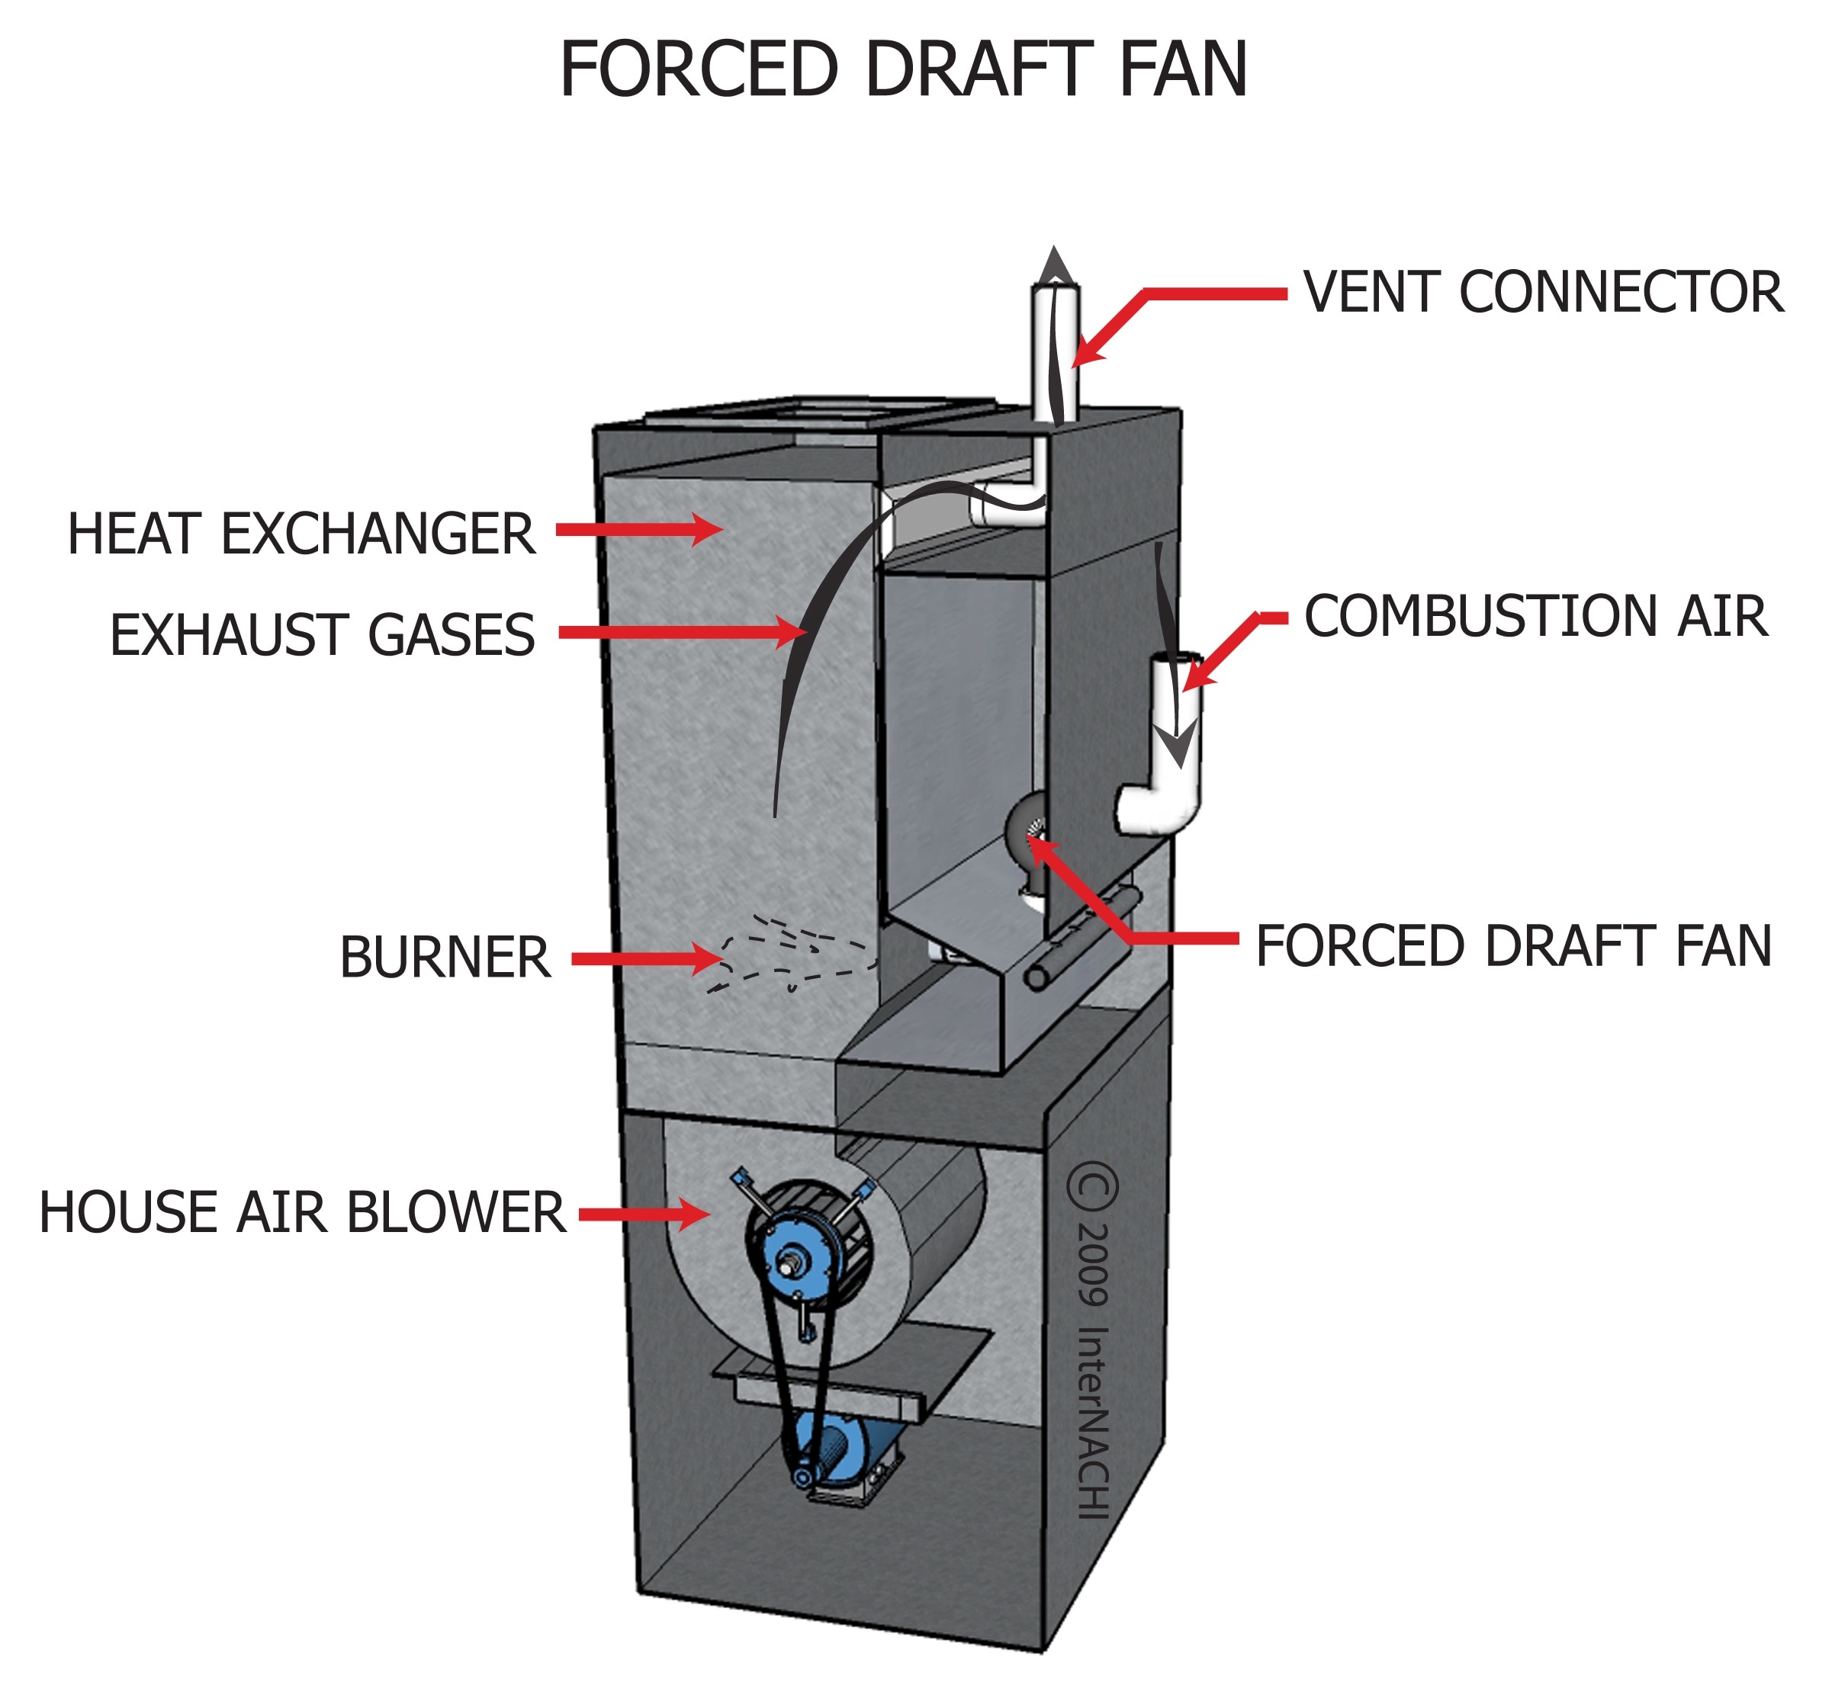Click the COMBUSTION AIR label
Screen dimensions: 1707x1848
(x=1535, y=616)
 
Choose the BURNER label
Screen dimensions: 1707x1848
(x=445, y=957)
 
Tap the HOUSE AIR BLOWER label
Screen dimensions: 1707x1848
(x=301, y=1212)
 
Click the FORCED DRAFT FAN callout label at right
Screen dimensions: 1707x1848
(x=1512, y=946)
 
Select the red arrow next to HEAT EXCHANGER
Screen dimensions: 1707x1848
(x=638, y=529)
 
